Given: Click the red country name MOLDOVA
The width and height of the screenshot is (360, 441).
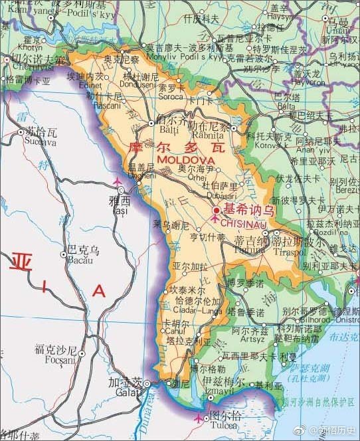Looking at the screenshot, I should click(186, 161).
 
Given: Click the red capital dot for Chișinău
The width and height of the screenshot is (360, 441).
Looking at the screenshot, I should click(216, 211).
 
